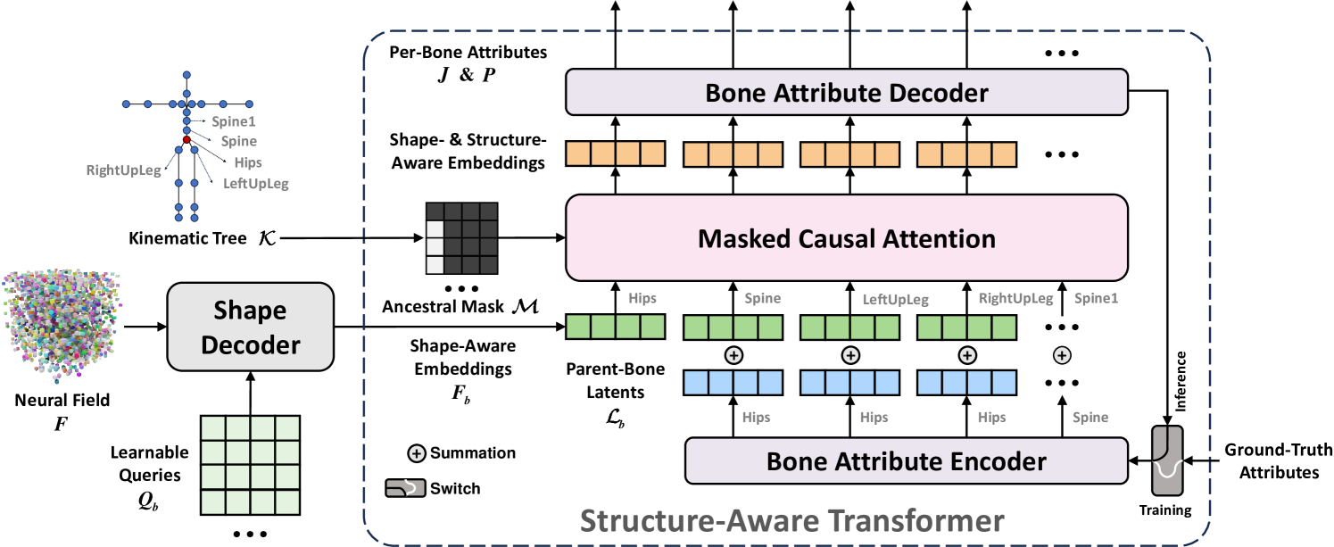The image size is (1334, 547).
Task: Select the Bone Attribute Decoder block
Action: click(x=847, y=93)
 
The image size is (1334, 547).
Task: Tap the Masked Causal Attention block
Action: click(x=847, y=238)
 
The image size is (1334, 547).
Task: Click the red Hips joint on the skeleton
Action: click(x=186, y=140)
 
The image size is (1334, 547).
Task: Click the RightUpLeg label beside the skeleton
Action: click(x=124, y=169)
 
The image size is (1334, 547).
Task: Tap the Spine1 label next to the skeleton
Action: click(x=233, y=120)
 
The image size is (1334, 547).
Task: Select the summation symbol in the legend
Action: click(x=416, y=453)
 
